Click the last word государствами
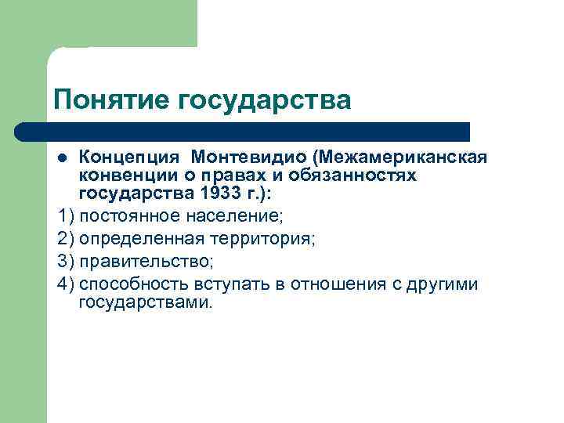(145, 302)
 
